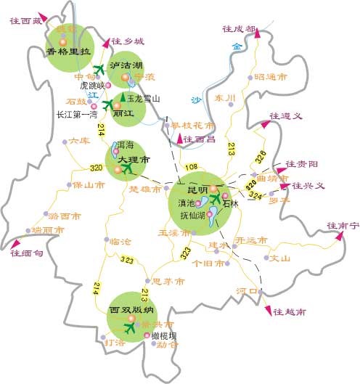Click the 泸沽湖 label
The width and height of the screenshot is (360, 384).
coord(126,65)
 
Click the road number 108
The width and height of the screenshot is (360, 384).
coord(192,168)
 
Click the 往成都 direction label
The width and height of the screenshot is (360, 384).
coord(240,29)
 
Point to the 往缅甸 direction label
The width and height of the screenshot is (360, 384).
coord(27,253)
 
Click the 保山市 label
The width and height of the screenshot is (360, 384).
coord(89,186)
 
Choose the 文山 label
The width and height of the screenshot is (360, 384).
coord(280,258)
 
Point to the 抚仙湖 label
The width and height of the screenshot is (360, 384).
coord(192,215)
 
